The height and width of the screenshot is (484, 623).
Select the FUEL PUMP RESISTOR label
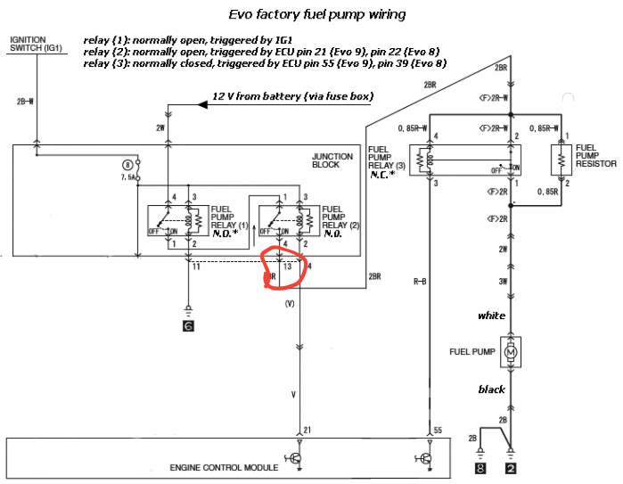pos(595,155)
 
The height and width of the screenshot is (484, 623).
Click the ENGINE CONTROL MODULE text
pos(224,466)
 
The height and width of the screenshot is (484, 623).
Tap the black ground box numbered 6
pos(188,326)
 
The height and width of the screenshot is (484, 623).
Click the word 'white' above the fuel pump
pos(491,316)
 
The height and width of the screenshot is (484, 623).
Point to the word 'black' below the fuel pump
pos(491,389)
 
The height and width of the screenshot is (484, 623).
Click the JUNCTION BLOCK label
pos(332,161)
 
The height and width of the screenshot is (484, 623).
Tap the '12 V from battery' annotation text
pos(292,96)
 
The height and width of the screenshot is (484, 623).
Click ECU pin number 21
pos(307,431)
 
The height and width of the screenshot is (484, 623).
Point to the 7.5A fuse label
pos(131,177)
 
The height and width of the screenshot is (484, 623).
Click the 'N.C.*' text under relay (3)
pos(384,175)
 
